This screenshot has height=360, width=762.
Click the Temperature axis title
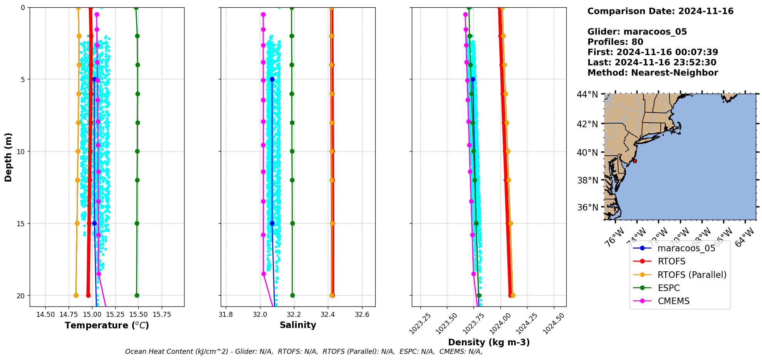tap(107, 325)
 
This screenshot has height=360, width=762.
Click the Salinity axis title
tap(298, 325)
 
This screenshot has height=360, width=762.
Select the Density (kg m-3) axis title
tap(489, 342)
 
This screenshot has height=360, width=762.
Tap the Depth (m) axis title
tap(8, 157)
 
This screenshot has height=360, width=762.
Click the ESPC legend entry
tap(668, 288)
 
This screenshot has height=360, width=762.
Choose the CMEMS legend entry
tap(673, 301)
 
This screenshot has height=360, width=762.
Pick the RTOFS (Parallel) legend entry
tap(692, 275)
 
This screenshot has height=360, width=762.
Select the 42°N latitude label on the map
tap(587, 124)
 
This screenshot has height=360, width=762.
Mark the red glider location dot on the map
tap(635, 161)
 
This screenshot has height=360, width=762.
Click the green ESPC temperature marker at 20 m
tap(137, 295)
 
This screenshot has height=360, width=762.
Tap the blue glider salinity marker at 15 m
tap(272, 223)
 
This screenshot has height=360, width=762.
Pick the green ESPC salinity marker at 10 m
tap(292, 151)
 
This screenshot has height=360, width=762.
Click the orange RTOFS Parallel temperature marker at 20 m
tap(76, 295)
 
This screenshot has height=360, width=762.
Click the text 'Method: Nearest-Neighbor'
tap(653, 73)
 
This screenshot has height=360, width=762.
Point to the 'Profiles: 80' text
tap(615, 42)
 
